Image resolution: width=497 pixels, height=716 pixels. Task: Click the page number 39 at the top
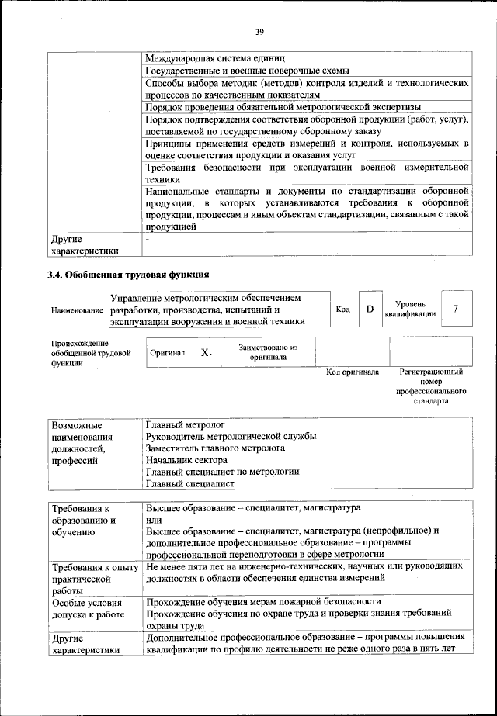[x=260, y=31]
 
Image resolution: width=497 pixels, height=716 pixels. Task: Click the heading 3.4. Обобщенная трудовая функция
[x=129, y=275]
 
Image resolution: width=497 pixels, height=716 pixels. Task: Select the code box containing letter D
[x=370, y=310]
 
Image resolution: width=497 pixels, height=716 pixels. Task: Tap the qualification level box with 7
[x=456, y=310]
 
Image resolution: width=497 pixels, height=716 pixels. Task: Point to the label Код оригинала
[x=352, y=372]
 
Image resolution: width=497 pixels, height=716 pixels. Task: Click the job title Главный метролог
[x=185, y=425]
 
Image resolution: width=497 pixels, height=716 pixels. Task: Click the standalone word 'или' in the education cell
[x=154, y=520]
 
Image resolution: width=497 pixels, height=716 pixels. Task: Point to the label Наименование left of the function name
[x=77, y=310]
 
